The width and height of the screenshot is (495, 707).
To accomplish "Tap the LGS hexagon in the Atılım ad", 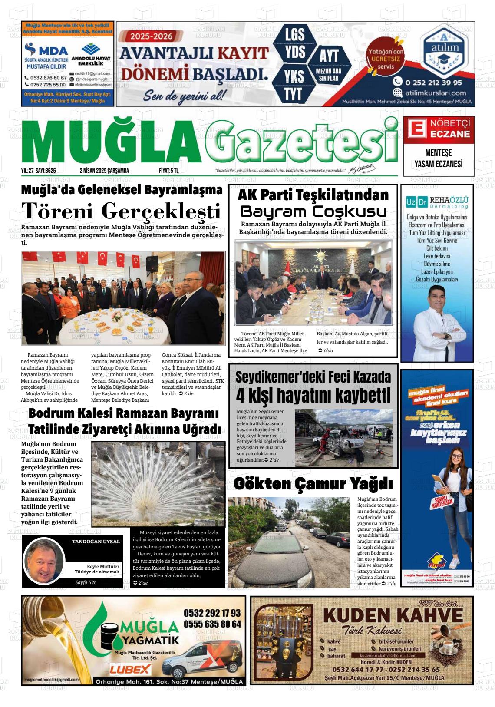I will coord(295,34).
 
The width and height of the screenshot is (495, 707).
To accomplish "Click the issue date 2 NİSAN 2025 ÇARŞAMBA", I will coord(104,171).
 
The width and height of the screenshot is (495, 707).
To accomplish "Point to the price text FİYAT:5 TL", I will coord(169,171).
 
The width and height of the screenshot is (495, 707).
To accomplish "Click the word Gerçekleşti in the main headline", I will coord(161,212).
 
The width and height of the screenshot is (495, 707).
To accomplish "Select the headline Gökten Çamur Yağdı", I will coord(313,483).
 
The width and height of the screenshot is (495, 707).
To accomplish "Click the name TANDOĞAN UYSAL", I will coord(96,542).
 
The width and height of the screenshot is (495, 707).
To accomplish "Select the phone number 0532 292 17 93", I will coord(212,613).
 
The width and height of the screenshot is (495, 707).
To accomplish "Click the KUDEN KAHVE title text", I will coord(393,615).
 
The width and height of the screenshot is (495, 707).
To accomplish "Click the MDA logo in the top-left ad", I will coord(46,50).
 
